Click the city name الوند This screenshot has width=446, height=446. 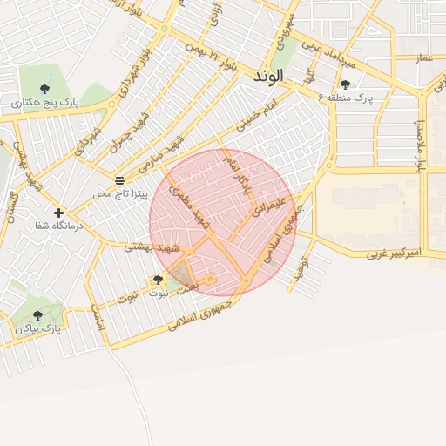[x=269, y=78]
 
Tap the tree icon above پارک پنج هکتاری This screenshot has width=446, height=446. [x=44, y=88]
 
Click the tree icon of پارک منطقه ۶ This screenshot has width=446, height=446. [x=346, y=84]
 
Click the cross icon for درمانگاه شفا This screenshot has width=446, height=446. [x=58, y=212]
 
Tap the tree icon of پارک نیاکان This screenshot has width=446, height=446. [x=37, y=315]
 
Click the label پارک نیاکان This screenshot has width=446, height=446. [x=38, y=328]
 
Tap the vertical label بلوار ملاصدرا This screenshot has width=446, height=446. [x=420, y=132]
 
